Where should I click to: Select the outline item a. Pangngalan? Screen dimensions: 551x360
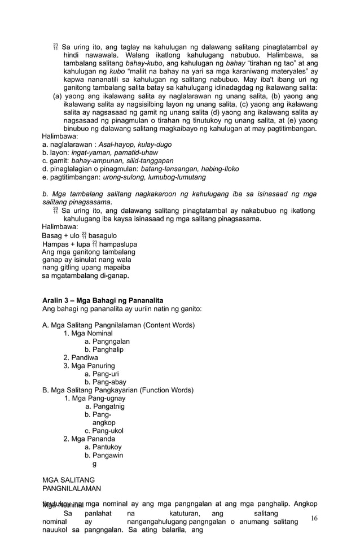coord(107,342)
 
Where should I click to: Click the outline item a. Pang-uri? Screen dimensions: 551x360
coord(102,374)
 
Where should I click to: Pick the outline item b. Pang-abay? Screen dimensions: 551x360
coord(105,382)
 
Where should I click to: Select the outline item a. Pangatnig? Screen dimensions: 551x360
coord(105,406)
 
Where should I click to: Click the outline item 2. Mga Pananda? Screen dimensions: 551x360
coord(89,439)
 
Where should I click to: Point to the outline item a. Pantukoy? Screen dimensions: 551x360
coord(103,447)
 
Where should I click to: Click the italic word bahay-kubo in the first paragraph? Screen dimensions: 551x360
coord(143,64)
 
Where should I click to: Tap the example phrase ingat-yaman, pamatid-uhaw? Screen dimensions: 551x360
coord(118,152)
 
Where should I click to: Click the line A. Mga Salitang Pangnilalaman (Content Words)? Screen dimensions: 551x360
coord(118,325)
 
